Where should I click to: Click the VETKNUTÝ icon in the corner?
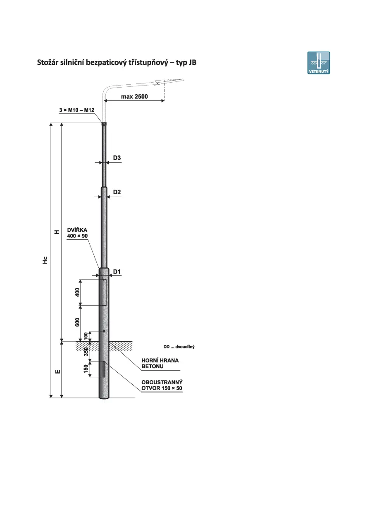(x=318, y=63)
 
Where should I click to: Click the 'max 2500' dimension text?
(x=134, y=97)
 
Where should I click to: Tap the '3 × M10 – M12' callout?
(x=77, y=110)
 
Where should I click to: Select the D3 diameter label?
(x=117, y=158)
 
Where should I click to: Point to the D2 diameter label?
(x=117, y=192)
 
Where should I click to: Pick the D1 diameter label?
(x=117, y=271)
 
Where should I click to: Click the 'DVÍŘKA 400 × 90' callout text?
(x=77, y=233)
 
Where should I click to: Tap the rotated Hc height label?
(x=45, y=260)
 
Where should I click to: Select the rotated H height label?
(x=57, y=232)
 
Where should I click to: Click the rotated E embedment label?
(x=58, y=371)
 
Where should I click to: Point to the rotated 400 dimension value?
(x=77, y=292)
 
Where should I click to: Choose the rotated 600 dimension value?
(x=77, y=322)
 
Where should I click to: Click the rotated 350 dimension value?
(x=86, y=352)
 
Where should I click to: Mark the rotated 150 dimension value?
(x=86, y=369)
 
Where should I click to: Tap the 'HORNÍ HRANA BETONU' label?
(x=160, y=363)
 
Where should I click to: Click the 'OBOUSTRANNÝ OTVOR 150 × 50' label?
(x=162, y=385)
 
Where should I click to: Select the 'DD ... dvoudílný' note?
(x=179, y=347)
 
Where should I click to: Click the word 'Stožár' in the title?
(x=48, y=62)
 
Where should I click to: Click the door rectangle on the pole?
(x=104, y=293)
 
